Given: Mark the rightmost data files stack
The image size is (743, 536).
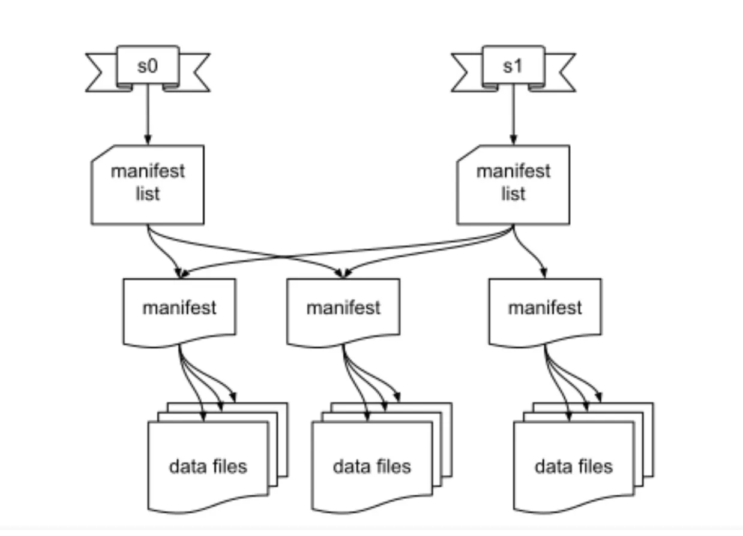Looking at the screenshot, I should (575, 465).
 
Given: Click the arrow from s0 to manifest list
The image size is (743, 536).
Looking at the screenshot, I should (148, 117).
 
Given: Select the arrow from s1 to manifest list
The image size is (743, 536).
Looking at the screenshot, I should (513, 117).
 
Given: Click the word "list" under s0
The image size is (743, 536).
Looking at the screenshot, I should (148, 194).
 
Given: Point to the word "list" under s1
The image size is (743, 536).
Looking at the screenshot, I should (513, 194).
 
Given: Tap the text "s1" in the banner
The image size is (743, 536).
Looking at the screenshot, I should (513, 66).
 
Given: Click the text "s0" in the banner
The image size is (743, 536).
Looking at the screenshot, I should (148, 66).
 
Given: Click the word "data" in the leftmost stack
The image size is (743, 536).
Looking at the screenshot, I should (186, 466).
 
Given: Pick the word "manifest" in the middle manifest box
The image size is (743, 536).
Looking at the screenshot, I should (343, 308).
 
